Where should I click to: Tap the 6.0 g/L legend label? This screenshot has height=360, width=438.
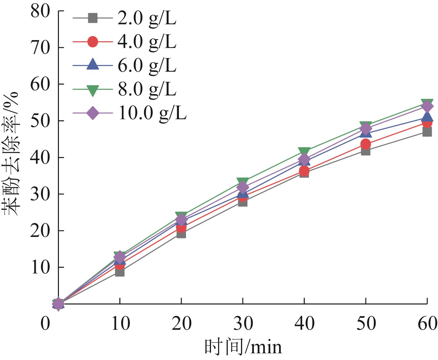click(147, 65)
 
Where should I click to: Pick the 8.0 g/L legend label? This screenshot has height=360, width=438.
click(147, 89)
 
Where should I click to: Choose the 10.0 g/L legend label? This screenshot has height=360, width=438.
click(152, 113)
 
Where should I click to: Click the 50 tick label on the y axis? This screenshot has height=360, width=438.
click(40, 121)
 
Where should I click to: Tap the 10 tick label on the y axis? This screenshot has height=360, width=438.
click(40, 267)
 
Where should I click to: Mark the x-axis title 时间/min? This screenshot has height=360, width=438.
click(243, 347)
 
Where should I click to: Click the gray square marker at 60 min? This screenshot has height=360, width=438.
click(427, 132)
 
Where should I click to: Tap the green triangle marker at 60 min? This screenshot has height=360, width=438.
click(427, 103)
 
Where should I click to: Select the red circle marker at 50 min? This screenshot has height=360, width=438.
click(366, 144)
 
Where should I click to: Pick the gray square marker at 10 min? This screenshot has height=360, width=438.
click(120, 272)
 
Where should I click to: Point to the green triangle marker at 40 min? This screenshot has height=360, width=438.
click(304, 151)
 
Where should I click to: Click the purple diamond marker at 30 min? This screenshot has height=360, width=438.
click(243, 187)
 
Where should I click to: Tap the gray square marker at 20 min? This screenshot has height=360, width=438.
click(181, 234)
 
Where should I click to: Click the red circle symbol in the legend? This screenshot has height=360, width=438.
click(93, 42)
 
